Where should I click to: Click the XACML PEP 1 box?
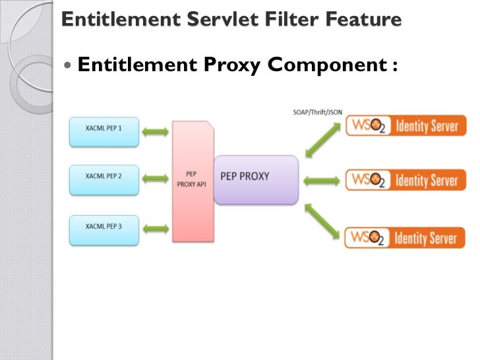tap(104, 129)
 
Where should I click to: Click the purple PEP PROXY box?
tap(256, 179)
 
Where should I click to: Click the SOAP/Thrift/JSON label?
tap(317, 113)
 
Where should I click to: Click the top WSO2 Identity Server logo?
tap(402, 127)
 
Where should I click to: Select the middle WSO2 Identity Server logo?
tap(402, 180)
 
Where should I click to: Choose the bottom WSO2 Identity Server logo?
tap(402, 237)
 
